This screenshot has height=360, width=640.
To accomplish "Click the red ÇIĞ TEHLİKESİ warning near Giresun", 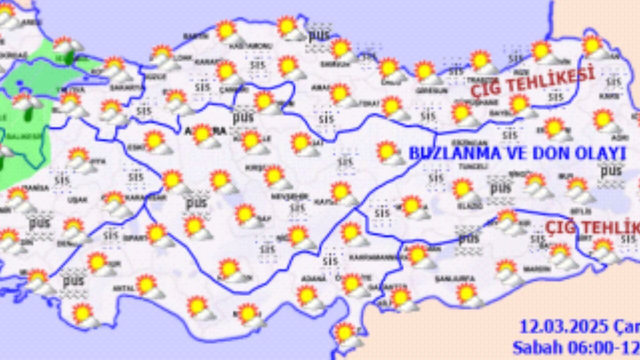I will point(532,81).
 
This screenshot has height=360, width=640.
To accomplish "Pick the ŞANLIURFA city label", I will point(448,278).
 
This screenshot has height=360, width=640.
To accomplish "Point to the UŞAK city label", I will point(77,199).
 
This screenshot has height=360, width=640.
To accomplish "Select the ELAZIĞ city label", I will point(467,205).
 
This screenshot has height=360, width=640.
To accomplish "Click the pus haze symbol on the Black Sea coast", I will point(318,36).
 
